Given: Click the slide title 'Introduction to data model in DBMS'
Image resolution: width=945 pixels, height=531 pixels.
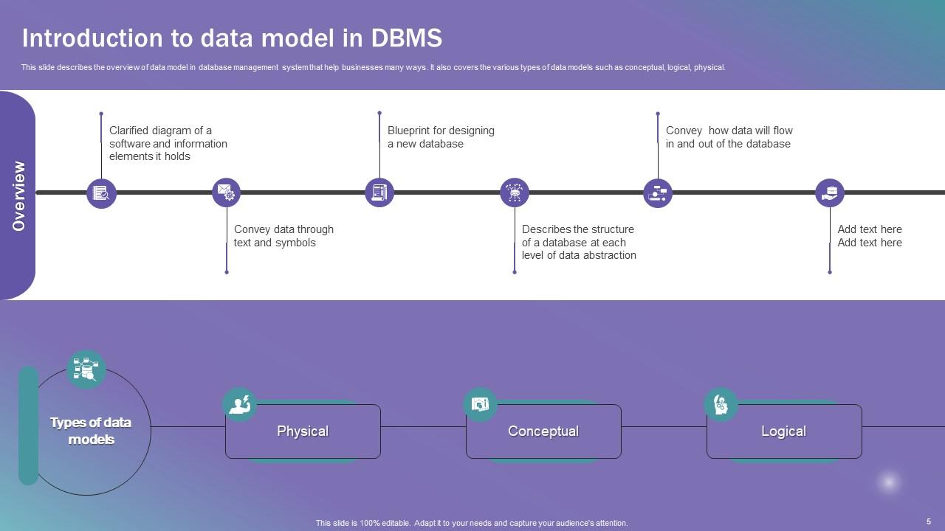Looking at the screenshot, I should click(x=232, y=38).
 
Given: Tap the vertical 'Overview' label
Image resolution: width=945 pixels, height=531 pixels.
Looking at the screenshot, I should click(x=18, y=195).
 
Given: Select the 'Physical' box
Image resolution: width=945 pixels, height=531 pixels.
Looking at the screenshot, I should click(x=303, y=431).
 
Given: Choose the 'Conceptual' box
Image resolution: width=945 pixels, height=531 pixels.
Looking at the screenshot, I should click(x=543, y=431).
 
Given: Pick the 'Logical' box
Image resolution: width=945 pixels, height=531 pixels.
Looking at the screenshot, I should click(x=784, y=431).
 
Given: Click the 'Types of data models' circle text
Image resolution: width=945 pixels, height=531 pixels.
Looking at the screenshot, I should click(x=90, y=431).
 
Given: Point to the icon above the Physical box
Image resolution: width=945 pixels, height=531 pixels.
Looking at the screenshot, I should click(x=239, y=405).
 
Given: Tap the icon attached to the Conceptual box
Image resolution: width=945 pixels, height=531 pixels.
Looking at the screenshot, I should click(x=480, y=405).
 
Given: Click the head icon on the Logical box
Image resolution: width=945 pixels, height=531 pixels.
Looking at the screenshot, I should click(x=721, y=405).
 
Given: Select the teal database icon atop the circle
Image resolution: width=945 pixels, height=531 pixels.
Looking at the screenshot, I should click(x=86, y=369).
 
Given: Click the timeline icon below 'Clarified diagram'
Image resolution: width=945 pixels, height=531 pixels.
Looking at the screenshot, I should click(x=101, y=193).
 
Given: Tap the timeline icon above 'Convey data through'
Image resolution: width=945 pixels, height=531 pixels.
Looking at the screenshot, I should click(x=226, y=193).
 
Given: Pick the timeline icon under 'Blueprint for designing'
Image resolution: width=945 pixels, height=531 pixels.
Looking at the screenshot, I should click(x=379, y=193).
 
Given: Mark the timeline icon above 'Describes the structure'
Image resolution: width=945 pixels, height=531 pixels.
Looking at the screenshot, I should click(x=515, y=193).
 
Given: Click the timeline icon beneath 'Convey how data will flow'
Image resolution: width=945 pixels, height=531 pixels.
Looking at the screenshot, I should click(x=657, y=193).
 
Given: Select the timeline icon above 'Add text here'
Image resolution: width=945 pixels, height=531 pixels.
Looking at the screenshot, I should click(x=830, y=193).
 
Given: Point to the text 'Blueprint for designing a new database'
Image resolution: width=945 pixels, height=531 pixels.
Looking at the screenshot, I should click(x=441, y=137).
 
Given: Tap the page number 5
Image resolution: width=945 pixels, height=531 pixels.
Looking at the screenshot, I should click(x=929, y=521).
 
